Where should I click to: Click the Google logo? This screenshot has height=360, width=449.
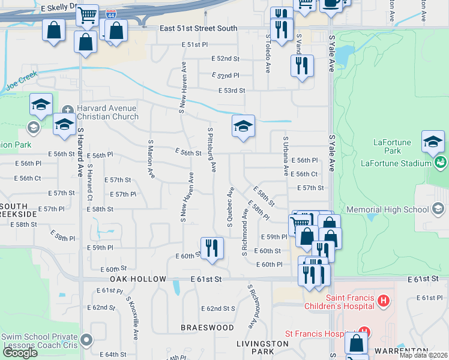[x=20, y=353]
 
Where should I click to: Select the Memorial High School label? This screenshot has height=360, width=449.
[x=390, y=209]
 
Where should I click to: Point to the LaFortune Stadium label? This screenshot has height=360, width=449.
[x=396, y=163]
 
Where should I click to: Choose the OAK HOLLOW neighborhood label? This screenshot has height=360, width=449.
[x=137, y=280]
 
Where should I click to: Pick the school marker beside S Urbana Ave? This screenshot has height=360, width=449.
[x=243, y=127]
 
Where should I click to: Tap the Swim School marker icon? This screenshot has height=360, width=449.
[x=88, y=340]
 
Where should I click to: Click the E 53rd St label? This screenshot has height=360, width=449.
[x=232, y=91]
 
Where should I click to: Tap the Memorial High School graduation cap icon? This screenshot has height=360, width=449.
[x=438, y=209]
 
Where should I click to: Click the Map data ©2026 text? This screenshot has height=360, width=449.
[x=424, y=355]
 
